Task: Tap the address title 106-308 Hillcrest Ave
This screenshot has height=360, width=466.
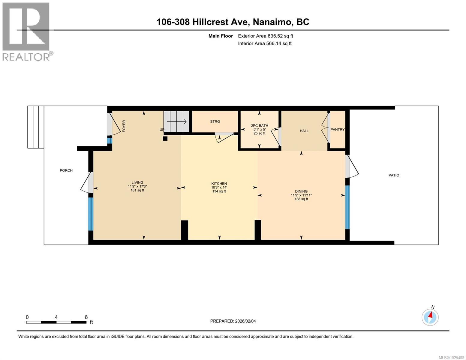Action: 233,22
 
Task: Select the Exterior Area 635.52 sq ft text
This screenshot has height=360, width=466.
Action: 265,36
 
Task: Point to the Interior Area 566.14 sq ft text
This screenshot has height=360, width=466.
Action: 265,43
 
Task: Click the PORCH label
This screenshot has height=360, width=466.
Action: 66,170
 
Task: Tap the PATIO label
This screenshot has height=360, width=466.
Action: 394,175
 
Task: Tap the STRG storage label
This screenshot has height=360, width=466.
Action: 215,121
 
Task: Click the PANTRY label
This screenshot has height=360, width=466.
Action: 337,130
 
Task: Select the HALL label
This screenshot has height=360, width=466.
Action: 304,131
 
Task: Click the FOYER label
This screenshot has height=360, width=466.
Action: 124,126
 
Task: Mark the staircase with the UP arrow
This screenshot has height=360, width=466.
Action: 176,121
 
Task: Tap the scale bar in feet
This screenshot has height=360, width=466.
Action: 56,322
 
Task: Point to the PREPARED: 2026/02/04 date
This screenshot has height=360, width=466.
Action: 233,321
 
